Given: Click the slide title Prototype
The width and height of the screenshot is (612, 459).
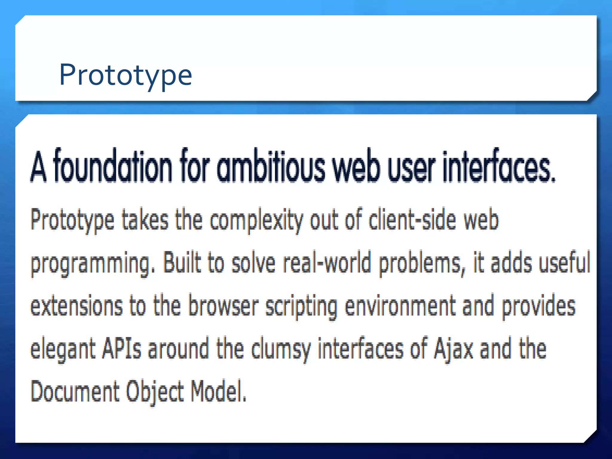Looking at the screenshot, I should pyautogui.click(x=126, y=75).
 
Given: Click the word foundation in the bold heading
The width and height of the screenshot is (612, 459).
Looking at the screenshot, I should pyautogui.click(x=113, y=166).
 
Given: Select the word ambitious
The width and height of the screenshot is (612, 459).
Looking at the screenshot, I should pyautogui.click(x=270, y=166).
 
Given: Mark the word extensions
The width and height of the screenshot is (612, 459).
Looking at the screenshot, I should pyautogui.click(x=76, y=306).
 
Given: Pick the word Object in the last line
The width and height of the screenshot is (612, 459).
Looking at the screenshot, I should pyautogui.click(x=154, y=391).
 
